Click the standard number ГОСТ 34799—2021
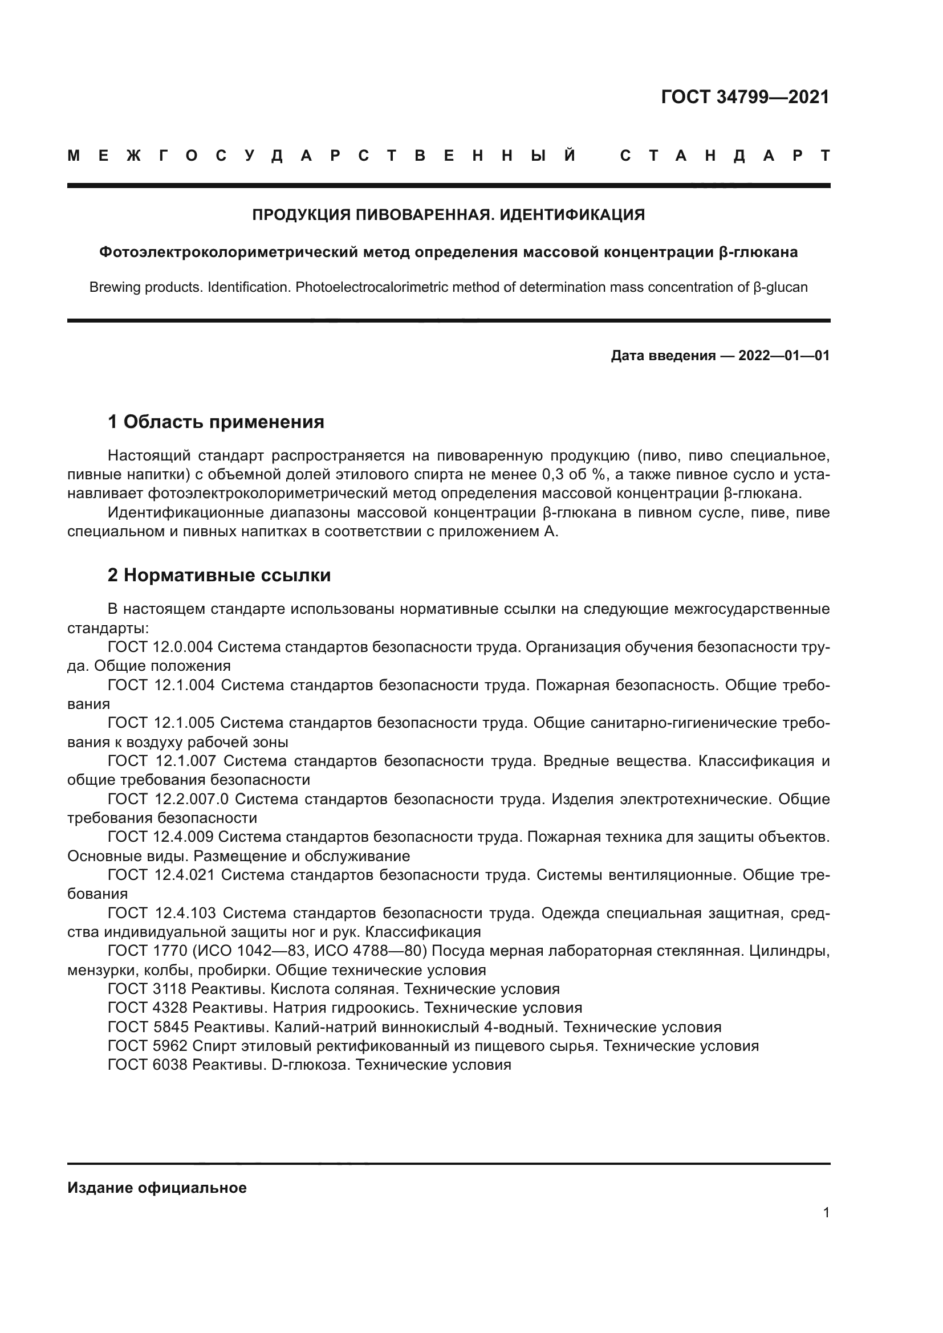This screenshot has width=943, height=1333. (x=745, y=97)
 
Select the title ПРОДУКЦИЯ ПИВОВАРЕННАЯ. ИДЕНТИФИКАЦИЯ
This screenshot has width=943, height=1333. (x=448, y=215)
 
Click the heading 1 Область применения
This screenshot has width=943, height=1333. (x=216, y=422)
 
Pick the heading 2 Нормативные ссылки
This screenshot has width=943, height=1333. (x=219, y=576)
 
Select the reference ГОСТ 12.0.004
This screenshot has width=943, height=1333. (x=160, y=647)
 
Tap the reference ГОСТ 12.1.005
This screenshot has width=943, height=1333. (x=161, y=723)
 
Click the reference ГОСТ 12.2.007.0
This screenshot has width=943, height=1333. (x=168, y=799)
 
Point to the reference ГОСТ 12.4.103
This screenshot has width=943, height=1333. (x=162, y=913)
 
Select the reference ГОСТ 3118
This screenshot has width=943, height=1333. (x=148, y=989)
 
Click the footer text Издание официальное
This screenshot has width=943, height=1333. (x=157, y=1188)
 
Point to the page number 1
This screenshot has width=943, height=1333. (x=826, y=1212)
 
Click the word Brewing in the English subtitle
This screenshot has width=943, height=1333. (x=113, y=287)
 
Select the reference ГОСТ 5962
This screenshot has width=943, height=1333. (x=148, y=1046)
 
